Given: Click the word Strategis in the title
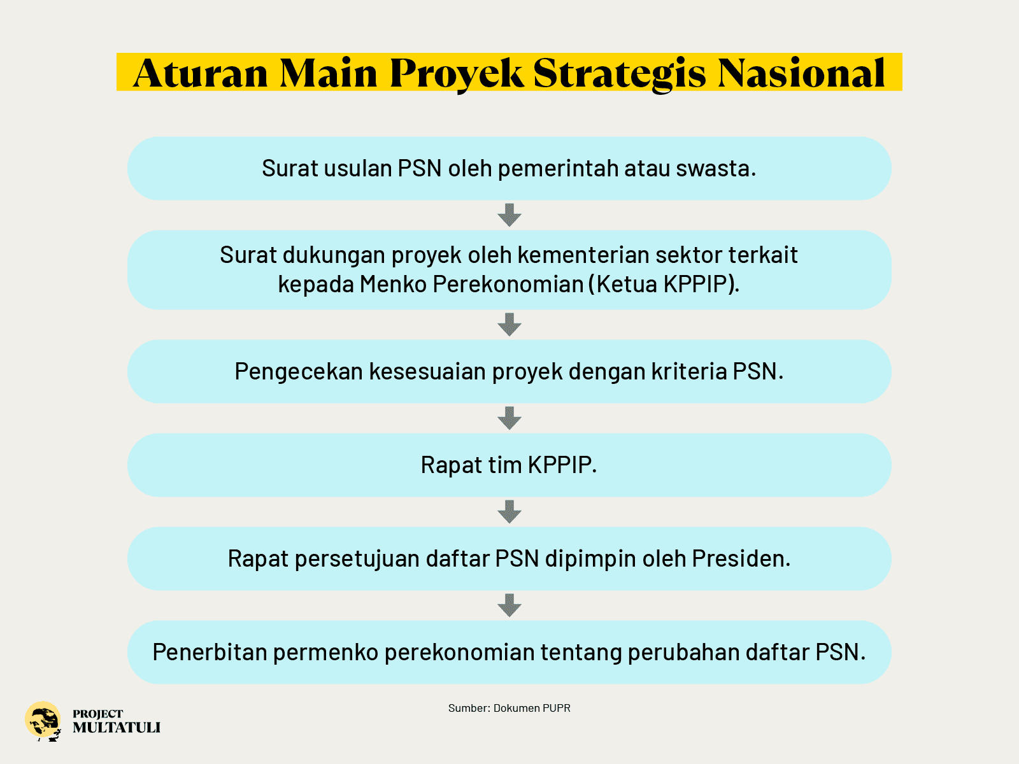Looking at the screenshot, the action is pos(620,73).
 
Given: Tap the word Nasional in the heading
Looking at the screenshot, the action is pos(801,73).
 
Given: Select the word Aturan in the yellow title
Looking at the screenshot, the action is pos(201,73).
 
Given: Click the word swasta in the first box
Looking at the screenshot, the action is pos(716,168).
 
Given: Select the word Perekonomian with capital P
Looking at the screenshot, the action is pos(508,284).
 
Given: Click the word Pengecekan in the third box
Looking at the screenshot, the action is pos(299,372).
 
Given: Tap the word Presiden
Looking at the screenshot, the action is pos(741,558).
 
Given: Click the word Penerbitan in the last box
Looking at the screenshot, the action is pos(210,652).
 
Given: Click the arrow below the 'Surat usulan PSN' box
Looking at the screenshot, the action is pos(509,215).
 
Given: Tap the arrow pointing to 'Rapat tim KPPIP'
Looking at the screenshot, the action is pos(509,418).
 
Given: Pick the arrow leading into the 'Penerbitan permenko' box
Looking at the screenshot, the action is pos(509,605).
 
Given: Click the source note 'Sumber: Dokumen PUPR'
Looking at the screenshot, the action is pos(509,708).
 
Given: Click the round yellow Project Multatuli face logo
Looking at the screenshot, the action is pos(43,721).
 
